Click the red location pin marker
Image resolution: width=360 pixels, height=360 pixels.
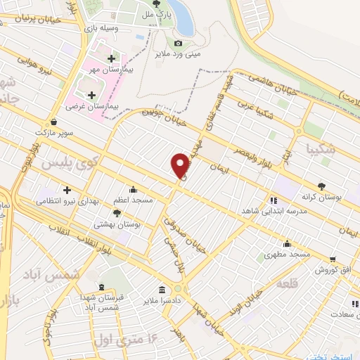pyautogui.click(x=180, y=165)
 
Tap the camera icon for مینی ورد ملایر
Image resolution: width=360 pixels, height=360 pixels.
pyautogui.click(x=178, y=44)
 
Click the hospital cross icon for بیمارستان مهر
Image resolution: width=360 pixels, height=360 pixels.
pyautogui.click(x=111, y=58)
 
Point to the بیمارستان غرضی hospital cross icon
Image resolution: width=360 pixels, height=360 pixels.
pyautogui.click(x=91, y=95)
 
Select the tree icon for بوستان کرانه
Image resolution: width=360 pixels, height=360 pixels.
pyautogui.click(x=321, y=186)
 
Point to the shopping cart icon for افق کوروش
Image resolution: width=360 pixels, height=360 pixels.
pyautogui.click(x=332, y=259)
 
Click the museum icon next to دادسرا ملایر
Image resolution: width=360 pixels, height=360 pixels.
pyautogui.click(x=162, y=289)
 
